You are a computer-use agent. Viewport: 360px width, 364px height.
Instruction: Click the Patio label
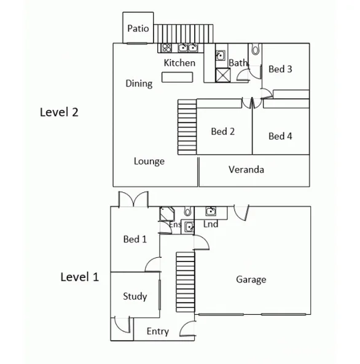138,29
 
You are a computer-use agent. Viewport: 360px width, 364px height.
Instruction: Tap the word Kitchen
179,63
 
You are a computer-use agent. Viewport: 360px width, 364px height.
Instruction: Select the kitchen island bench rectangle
176,77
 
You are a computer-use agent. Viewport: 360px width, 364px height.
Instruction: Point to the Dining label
139,83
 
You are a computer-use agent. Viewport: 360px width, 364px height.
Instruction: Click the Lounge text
149,161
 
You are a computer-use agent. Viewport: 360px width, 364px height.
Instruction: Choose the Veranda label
246,169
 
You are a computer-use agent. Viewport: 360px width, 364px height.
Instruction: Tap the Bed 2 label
223,131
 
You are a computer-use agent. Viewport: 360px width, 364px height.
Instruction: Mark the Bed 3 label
280,69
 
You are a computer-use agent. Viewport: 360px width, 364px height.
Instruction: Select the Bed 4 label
280,136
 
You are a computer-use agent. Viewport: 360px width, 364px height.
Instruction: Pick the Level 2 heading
59,112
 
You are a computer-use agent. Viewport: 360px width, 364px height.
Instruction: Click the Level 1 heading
79,277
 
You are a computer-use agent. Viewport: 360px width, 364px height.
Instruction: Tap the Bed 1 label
135,239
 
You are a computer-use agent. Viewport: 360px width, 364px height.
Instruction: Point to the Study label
135,296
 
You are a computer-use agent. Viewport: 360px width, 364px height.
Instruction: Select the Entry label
158,331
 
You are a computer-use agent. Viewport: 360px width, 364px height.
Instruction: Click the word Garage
251,280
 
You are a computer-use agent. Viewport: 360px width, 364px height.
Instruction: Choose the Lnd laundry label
211,225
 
